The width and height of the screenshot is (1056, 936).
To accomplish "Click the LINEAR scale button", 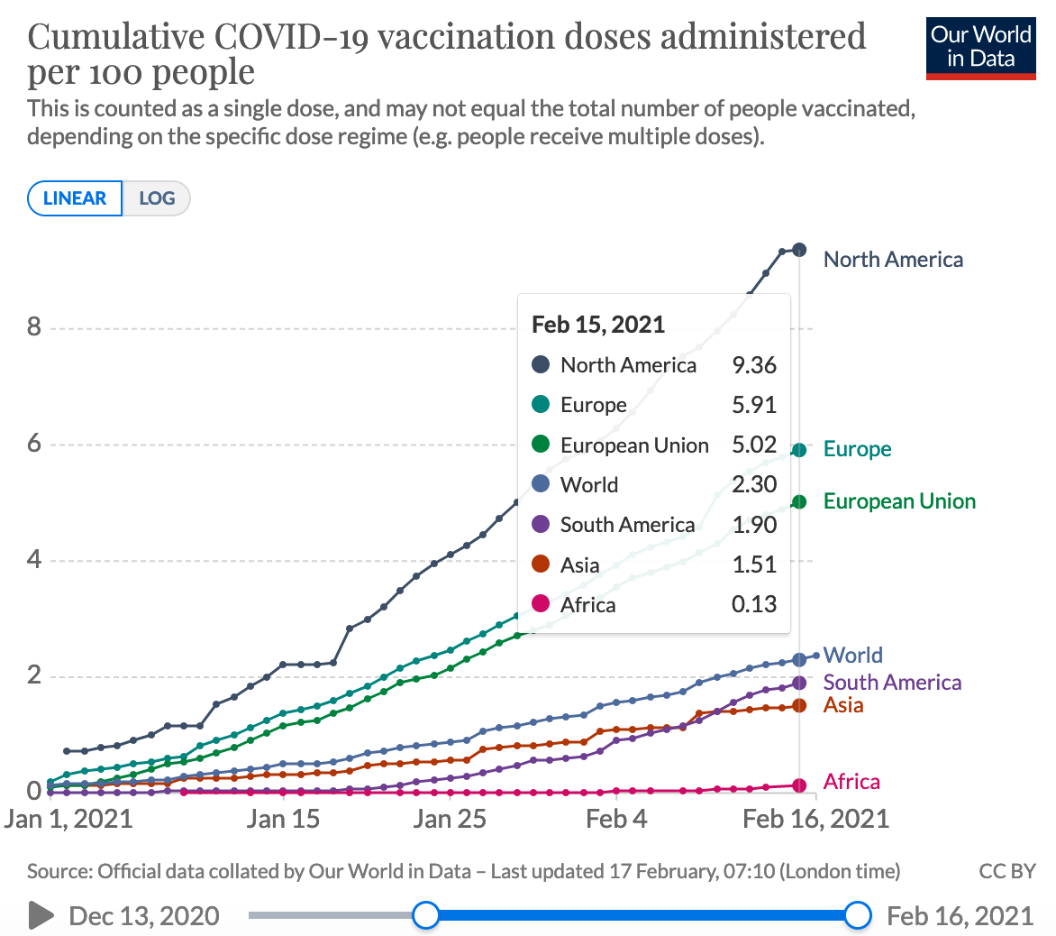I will click(x=75, y=198).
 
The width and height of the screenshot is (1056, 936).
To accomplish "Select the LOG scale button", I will click(x=157, y=198).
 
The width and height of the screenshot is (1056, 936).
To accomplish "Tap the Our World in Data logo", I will click(x=980, y=47).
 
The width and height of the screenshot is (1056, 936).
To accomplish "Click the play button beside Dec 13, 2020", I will click(x=41, y=916).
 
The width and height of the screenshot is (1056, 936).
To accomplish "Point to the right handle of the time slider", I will click(x=859, y=916).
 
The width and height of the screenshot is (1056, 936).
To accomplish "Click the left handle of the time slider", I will click(x=425, y=916).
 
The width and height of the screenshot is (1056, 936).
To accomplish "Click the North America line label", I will click(x=893, y=260).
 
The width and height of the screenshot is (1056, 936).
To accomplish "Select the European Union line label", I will click(x=899, y=501).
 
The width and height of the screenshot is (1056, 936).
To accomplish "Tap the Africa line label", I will click(x=851, y=782).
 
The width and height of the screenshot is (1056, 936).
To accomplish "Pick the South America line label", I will click(x=892, y=683).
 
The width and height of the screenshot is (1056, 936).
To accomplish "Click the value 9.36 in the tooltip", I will click(x=754, y=365).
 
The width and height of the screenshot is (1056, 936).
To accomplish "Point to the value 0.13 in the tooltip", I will click(x=754, y=604).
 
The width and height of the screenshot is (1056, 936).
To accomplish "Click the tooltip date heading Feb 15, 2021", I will click(x=598, y=325).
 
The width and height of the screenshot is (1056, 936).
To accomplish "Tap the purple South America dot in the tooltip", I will click(x=541, y=525).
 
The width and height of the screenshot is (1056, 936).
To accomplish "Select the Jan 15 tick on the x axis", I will click(x=283, y=819).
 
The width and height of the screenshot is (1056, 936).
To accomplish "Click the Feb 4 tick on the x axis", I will click(x=616, y=819).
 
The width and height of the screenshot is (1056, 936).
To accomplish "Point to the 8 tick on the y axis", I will click(x=34, y=326).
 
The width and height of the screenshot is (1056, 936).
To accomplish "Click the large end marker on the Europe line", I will click(x=799, y=450).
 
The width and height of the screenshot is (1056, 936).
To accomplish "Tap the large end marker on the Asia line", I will click(x=799, y=706).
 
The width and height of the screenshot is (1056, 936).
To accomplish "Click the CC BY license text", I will click(x=1006, y=872).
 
